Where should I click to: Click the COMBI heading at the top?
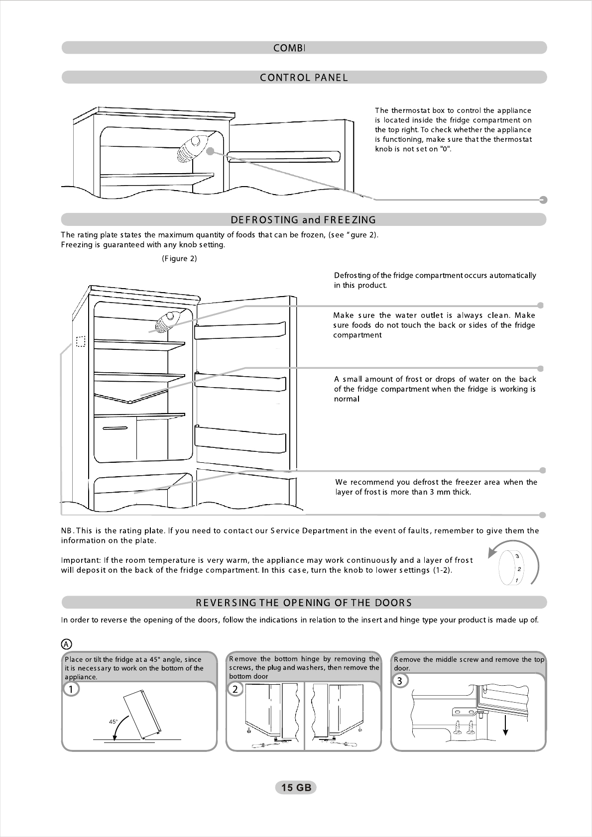[289, 48]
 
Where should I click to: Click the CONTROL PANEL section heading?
[304, 78]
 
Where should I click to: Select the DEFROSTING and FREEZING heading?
[304, 220]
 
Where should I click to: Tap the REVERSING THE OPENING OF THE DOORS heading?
[304, 603]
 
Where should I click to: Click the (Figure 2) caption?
[179, 259]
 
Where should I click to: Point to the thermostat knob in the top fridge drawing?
[189, 148]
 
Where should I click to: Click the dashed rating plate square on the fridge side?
[81, 341]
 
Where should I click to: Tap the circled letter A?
[66, 644]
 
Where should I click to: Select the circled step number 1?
[71, 689]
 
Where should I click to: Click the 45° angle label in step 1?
[113, 721]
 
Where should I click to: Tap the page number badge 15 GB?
[296, 787]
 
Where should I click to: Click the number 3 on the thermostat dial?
[518, 556]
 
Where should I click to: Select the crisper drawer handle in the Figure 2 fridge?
[115, 428]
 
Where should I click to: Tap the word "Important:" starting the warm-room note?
[80, 560]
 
